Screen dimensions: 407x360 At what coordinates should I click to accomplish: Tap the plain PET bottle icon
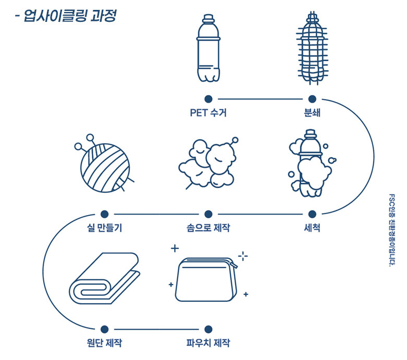pyautogui.click(x=208, y=48)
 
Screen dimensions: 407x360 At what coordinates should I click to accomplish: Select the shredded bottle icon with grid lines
pyautogui.click(x=312, y=48)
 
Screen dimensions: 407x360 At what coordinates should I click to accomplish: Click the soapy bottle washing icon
pyautogui.click(x=312, y=164)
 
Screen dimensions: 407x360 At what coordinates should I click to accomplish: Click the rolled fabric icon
pyautogui.click(x=104, y=278)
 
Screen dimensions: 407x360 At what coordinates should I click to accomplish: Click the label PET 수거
pyautogui.click(x=208, y=113)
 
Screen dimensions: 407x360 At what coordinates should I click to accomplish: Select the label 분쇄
pyautogui.click(x=312, y=113)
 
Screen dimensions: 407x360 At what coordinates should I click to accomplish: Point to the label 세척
pyautogui.click(x=312, y=228)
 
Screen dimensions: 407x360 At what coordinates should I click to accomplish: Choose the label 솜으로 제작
pyautogui.click(x=208, y=228)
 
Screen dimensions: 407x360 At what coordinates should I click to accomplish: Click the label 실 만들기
pyautogui.click(x=104, y=228)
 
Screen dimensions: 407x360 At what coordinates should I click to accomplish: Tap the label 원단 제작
pyautogui.click(x=104, y=343)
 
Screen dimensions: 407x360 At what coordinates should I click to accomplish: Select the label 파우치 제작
pyautogui.click(x=208, y=343)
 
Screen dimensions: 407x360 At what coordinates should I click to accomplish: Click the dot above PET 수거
pyautogui.click(x=208, y=99)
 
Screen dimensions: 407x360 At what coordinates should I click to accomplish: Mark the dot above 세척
pyautogui.click(x=312, y=214)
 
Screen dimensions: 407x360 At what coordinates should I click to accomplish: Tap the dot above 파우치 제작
pyautogui.click(x=208, y=329)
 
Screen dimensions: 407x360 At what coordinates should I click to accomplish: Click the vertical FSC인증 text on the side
pyautogui.click(x=392, y=230)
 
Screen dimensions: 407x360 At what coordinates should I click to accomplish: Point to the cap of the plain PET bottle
pyautogui.click(x=208, y=18)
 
